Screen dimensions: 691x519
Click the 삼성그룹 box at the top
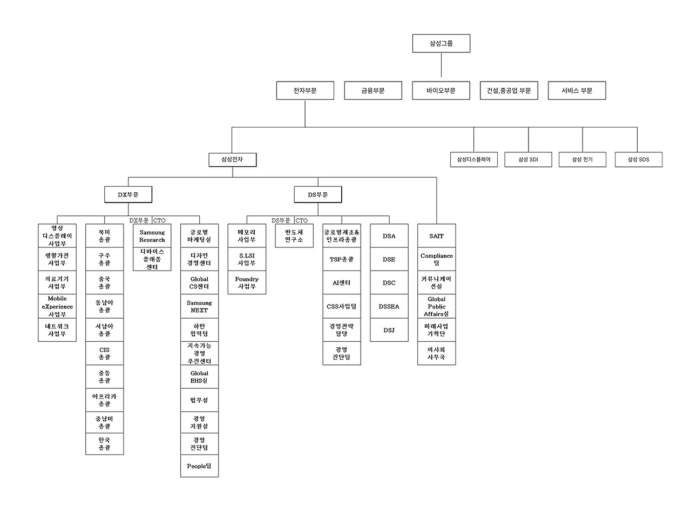[x=441, y=43]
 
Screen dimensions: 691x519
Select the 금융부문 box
[x=373, y=91]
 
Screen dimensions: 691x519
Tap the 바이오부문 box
[x=441, y=91]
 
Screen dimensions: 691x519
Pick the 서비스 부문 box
[x=577, y=91]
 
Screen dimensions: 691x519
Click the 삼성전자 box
[x=232, y=160]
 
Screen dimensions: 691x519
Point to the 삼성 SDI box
[x=528, y=160]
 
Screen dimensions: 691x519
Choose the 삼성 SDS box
[x=639, y=160]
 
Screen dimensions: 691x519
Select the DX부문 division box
[x=128, y=194]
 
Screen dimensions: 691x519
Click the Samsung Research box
[x=152, y=236]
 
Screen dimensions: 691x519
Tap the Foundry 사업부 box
[x=247, y=282]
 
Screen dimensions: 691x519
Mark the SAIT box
[x=436, y=236]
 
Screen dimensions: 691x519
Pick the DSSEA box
[x=389, y=306]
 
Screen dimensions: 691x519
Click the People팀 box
[x=199, y=466]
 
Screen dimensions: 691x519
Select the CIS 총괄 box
[x=105, y=353]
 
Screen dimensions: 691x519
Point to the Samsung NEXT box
[x=199, y=306]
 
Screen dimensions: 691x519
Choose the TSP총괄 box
[x=342, y=259]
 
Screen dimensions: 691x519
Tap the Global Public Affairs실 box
[x=436, y=306]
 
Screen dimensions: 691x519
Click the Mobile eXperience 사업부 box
[x=57, y=306]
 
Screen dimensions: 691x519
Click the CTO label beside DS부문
[x=302, y=220]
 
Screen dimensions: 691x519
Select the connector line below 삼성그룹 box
[x=441, y=65]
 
